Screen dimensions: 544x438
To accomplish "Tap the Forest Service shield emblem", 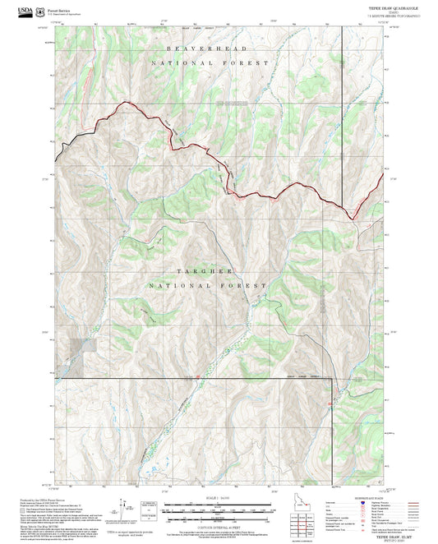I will (x=38, y=11).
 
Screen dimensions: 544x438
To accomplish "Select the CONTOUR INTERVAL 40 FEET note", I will (x=218, y=528).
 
